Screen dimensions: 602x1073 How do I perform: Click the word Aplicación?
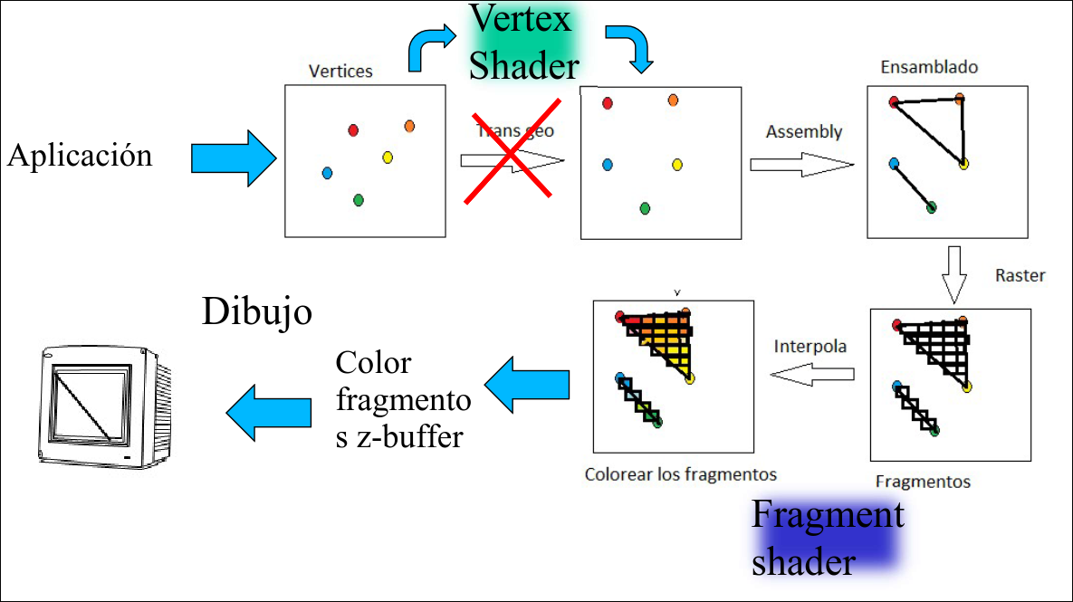tap(80, 157)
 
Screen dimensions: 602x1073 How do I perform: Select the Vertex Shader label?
tap(523, 43)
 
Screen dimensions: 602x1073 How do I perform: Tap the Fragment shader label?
tap(828, 539)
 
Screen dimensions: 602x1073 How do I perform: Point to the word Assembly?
tap(803, 132)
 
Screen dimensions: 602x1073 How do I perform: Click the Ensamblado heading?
tap(929, 67)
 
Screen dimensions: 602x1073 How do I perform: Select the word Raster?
tap(1020, 275)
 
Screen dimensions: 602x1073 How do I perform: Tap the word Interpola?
tap(810, 347)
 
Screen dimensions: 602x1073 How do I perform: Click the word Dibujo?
tap(256, 312)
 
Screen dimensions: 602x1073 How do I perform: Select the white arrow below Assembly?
tap(801, 166)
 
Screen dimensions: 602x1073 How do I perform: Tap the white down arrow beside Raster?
tap(950, 274)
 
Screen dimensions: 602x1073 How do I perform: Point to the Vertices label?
tap(340, 71)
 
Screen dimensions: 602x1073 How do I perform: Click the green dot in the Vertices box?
tap(358, 199)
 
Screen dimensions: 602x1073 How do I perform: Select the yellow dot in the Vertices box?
tap(388, 158)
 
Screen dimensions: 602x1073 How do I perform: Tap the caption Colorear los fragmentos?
tap(680, 473)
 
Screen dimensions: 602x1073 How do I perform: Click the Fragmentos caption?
tap(923, 482)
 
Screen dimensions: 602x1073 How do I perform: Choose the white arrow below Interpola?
tap(812, 375)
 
